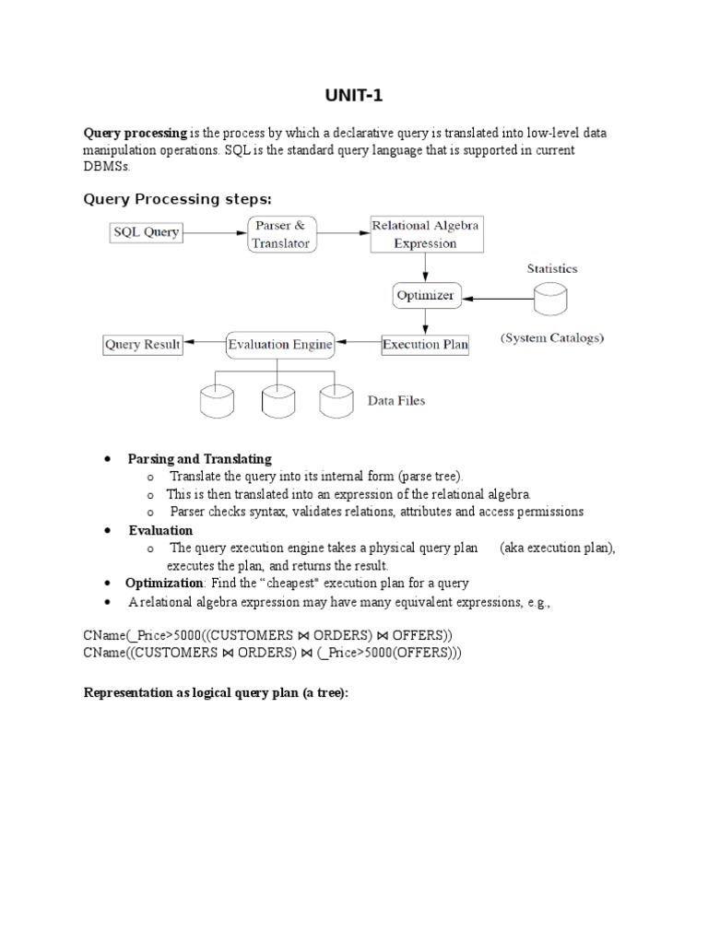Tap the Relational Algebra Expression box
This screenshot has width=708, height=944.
click(425, 234)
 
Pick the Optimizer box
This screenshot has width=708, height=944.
click(424, 296)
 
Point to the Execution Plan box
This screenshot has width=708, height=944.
click(425, 346)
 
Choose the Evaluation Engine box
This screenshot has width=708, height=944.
click(280, 346)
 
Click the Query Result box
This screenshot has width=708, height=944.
click(142, 345)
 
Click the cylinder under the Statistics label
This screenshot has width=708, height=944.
click(550, 298)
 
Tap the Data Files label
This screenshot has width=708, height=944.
click(396, 401)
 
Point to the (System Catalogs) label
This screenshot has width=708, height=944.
click(552, 338)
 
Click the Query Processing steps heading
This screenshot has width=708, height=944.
click(178, 198)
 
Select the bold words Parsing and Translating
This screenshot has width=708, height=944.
click(200, 458)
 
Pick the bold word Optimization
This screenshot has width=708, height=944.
click(164, 583)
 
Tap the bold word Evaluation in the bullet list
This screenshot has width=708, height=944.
click(160, 530)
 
